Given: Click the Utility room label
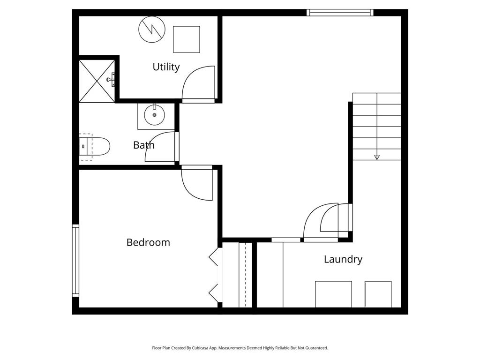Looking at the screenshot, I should click(x=166, y=67).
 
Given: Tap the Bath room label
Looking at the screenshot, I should click(x=144, y=145).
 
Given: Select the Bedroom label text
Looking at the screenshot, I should click(x=148, y=242).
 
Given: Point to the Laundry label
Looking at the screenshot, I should click(x=343, y=259).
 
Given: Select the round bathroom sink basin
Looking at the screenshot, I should click(x=154, y=115).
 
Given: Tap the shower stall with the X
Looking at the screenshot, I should click(x=97, y=81).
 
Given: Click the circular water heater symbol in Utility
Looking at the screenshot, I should click(x=152, y=30).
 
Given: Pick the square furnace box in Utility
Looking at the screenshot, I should click(x=187, y=39).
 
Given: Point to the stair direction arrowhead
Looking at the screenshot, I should click(x=377, y=157).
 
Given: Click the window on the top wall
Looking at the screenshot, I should click(x=340, y=13).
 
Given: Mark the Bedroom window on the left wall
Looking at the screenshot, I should click(x=75, y=261).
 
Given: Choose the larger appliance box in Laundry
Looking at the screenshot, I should click(x=333, y=294).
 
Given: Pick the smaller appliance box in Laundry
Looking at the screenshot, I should click(x=378, y=294).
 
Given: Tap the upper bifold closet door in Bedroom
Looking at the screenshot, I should click(x=214, y=257).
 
